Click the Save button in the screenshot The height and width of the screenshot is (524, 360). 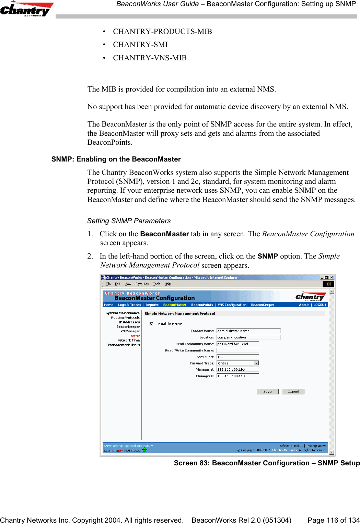point(267,392)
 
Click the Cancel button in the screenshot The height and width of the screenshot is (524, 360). point(293,392)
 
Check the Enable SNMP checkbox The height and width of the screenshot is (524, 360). point(151,324)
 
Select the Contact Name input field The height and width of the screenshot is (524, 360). point(248,331)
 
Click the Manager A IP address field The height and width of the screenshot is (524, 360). point(237,370)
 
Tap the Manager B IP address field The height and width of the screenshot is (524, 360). point(237,376)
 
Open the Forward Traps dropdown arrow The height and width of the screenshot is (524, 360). point(256,363)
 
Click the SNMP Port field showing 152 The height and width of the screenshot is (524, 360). point(237,357)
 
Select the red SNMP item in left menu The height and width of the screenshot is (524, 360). point(135,336)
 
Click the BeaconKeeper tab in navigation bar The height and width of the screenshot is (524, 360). point(263,305)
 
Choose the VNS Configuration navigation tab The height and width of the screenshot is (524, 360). point(232,305)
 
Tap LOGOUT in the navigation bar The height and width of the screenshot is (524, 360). point(320,305)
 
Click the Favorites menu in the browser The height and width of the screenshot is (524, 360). point(142,284)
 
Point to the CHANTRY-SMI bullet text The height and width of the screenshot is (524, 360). point(140,45)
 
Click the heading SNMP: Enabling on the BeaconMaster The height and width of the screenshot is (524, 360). point(116,159)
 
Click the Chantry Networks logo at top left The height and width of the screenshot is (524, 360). point(26,9)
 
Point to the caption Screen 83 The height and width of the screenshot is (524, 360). point(267,463)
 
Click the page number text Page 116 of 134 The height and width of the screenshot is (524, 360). point(334,520)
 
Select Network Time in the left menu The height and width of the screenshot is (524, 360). point(128,340)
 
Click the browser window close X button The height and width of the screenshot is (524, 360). point(332,277)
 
